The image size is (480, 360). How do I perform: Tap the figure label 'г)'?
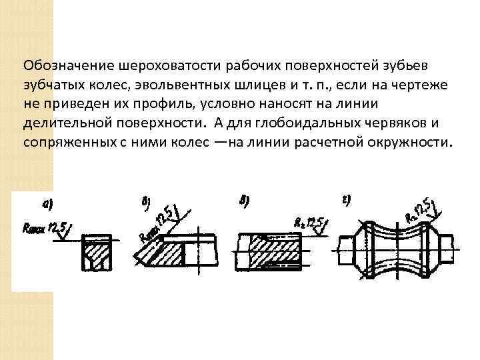coord(347,200)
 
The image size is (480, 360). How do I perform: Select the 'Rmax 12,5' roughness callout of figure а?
coord(45,230)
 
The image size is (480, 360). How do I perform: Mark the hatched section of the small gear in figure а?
coord(97,256)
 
